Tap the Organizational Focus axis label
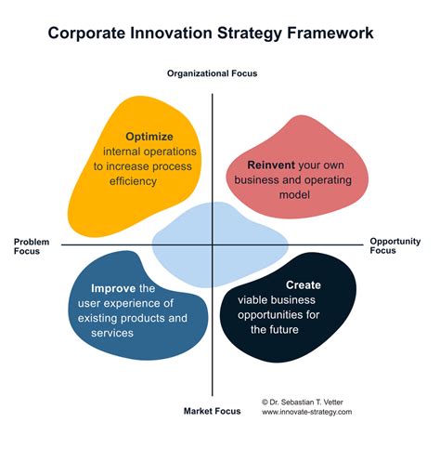pyautogui.click(x=212, y=73)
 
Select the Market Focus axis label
pyautogui.click(x=212, y=410)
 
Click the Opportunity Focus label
pyautogui.click(x=389, y=245)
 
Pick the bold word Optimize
pyautogui.click(x=149, y=136)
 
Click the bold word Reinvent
pyautogui.click(x=270, y=165)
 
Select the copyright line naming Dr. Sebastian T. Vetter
pyautogui.click(x=307, y=401)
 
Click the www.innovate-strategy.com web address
pyautogui.click(x=307, y=412)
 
